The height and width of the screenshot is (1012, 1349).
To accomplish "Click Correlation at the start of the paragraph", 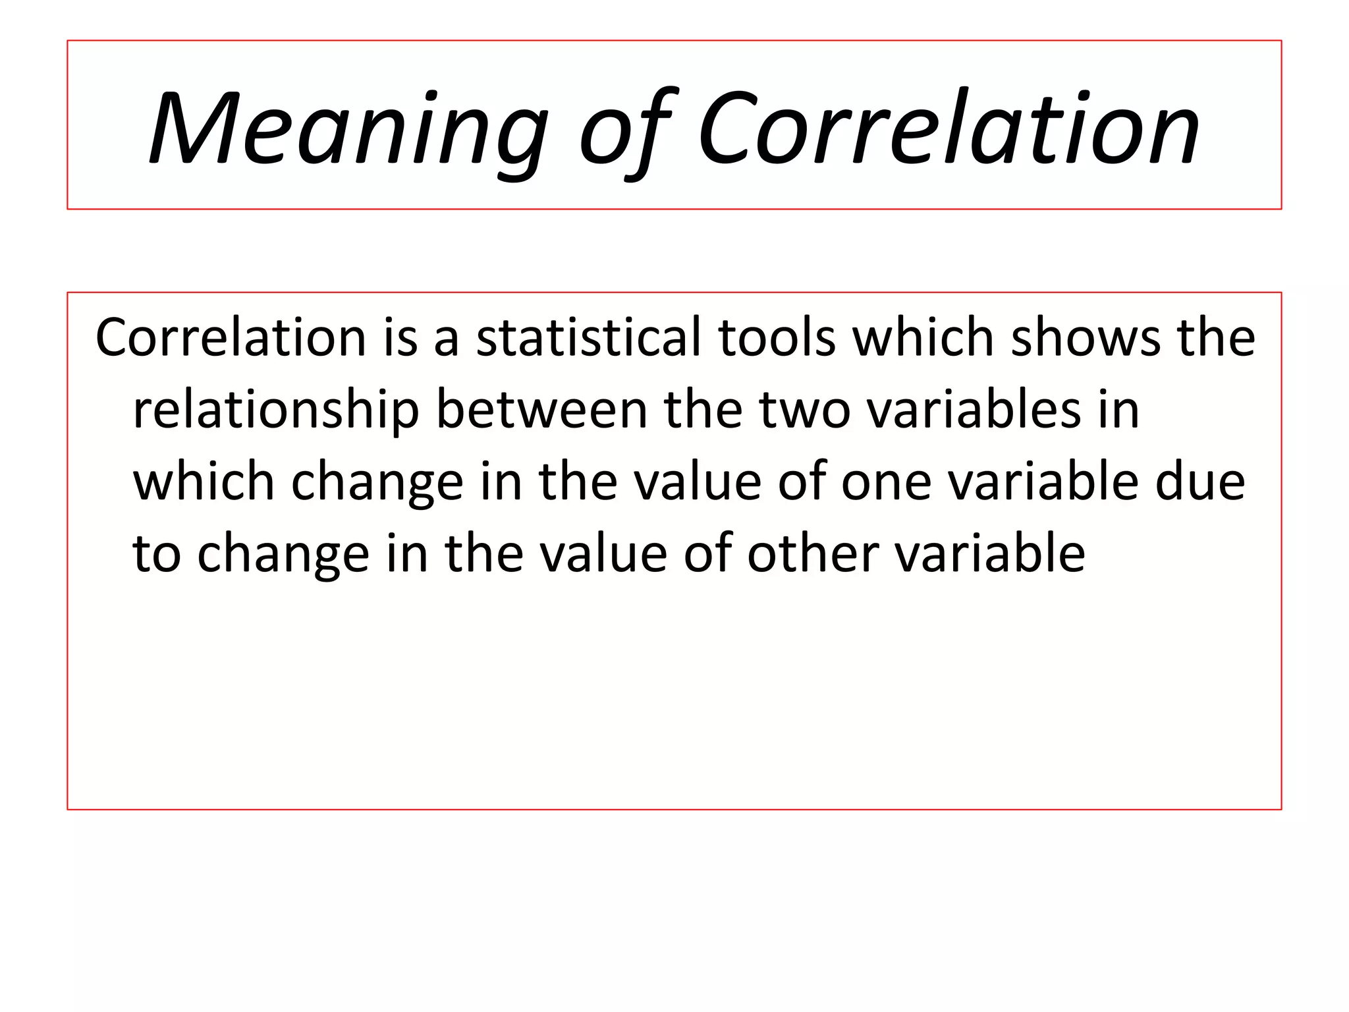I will [x=231, y=337].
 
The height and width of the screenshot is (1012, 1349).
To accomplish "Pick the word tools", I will [x=777, y=337].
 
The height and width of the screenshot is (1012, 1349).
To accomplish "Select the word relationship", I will [x=276, y=410].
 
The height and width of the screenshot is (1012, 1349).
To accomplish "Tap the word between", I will [x=542, y=410].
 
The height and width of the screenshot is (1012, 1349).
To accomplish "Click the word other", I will [x=813, y=553].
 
